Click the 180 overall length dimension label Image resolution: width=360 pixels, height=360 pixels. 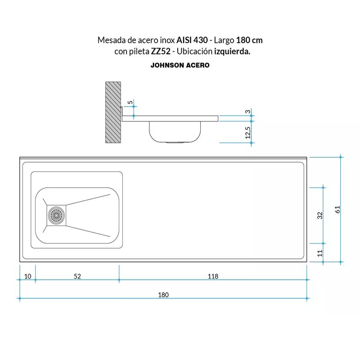click(x=163, y=295)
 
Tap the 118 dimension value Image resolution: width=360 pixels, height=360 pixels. click(x=213, y=276)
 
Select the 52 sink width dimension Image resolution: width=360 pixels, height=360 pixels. click(x=77, y=276)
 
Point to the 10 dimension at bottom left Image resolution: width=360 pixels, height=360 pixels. click(x=27, y=276)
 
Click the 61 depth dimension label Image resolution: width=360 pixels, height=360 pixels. click(x=337, y=209)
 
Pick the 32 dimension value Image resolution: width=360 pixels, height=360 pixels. click(x=319, y=216)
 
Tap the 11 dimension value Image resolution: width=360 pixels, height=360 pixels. click(x=319, y=253)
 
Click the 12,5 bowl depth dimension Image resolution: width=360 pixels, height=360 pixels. click(x=247, y=133)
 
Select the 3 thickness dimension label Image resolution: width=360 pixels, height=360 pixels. click(x=247, y=112)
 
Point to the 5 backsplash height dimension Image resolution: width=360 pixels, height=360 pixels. click(x=130, y=102)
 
